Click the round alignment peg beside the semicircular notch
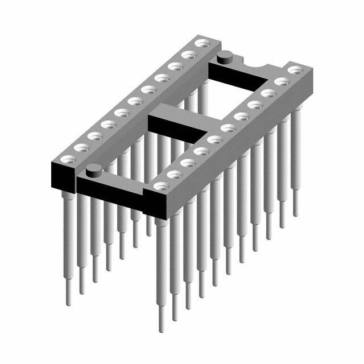coord(225,56)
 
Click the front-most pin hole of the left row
coord(67,161)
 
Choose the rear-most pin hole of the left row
coord(201,43)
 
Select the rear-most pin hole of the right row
coord(294,70)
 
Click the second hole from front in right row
coord(173,175)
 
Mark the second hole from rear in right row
coord(280,81)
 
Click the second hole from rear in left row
coord(188,55)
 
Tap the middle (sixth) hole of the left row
coord(134,102)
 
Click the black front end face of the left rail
coord(63,176)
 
